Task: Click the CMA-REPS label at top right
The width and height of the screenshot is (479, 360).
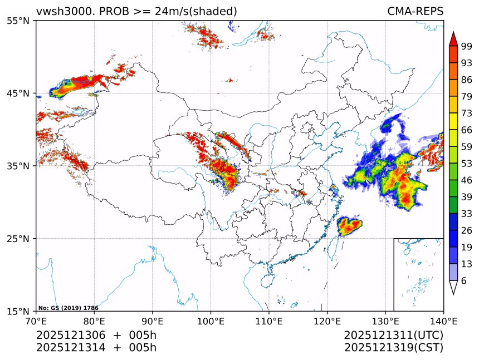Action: click(415, 11)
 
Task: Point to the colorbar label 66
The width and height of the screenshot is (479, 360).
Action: click(467, 130)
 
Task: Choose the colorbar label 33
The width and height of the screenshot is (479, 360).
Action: click(467, 214)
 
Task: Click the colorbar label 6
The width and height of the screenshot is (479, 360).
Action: click(464, 280)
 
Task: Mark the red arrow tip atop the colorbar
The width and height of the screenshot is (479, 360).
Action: click(453, 38)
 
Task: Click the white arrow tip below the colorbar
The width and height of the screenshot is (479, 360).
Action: click(453, 288)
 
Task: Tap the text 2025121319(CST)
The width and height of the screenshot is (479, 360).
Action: click(393, 348)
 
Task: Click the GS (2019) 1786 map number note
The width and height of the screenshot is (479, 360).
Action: click(69, 308)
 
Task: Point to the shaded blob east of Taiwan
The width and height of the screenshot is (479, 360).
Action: click(350, 225)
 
